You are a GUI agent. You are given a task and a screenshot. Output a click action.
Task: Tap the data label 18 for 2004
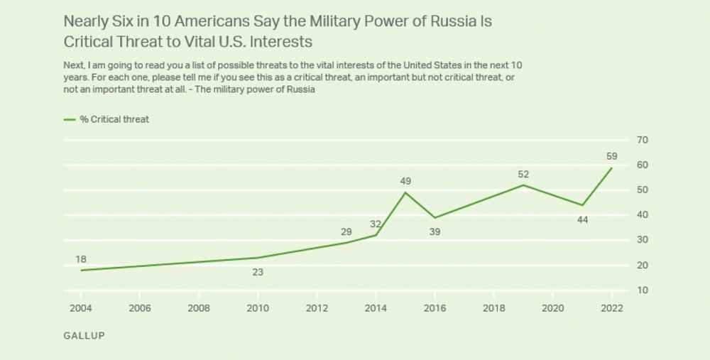coord(81,258)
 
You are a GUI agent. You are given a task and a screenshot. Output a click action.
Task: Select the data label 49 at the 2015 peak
coord(405,181)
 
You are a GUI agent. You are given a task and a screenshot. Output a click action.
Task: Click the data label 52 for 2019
coord(523,174)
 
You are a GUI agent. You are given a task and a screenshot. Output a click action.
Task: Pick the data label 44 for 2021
coord(582,220)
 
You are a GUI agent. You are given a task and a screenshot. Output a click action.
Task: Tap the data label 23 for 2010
coord(258,271)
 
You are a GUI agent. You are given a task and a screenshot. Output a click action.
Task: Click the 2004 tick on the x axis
coord(81,308)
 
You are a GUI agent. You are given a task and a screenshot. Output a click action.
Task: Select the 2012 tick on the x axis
coord(317,308)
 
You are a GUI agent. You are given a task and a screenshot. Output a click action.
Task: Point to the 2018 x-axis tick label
coord(493,308)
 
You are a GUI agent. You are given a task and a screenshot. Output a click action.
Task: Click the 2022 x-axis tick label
coord(611,308)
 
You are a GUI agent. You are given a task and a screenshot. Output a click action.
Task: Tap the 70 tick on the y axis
coord(642,140)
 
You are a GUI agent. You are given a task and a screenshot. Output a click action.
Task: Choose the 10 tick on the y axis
coord(642,290)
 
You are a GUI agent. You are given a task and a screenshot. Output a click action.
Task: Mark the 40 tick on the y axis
coord(642,215)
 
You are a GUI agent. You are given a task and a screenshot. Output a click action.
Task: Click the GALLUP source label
coord(84,335)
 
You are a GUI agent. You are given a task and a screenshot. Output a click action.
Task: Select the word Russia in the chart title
coord(454,21)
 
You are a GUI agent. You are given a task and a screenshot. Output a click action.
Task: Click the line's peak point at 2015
coord(405,192)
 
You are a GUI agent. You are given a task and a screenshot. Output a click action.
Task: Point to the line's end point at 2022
coord(611,168)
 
